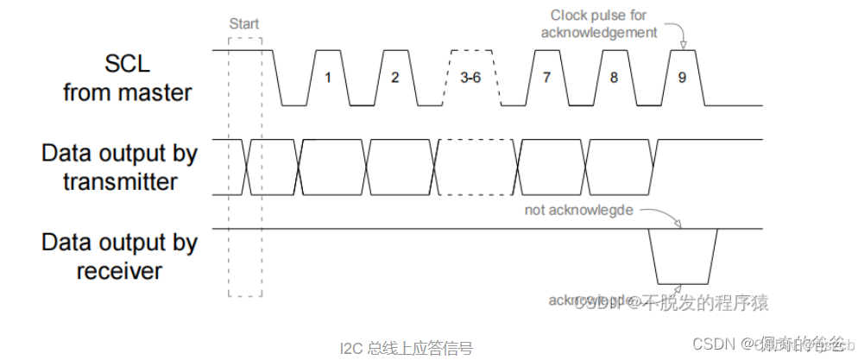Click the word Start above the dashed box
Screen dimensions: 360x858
[x=244, y=24]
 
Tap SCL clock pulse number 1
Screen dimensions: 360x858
[x=328, y=77]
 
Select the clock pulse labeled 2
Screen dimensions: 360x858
[x=395, y=77]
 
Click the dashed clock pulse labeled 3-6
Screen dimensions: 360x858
[x=470, y=77]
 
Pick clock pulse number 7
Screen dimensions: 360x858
[x=546, y=77]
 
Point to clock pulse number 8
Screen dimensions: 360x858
[x=614, y=77]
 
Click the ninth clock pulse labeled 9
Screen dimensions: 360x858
[x=682, y=77]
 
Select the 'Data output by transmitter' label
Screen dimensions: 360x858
[x=120, y=167]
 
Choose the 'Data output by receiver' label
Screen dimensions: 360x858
[x=120, y=256]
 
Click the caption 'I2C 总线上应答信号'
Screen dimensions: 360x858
[x=406, y=348]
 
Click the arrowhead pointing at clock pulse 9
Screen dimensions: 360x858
[x=682, y=45]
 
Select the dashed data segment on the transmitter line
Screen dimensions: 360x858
[x=471, y=167]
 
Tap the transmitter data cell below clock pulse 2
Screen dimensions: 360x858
[x=401, y=167]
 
